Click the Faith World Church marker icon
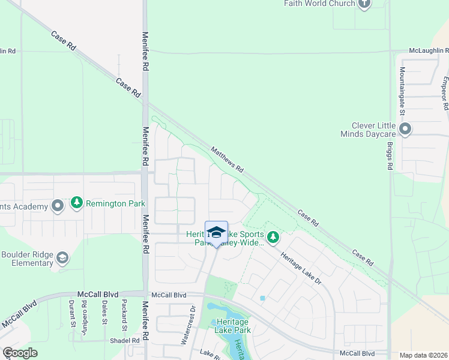[x=364, y=4]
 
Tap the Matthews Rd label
[x=227, y=160]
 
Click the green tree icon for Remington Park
[x=76, y=203]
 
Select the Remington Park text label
[x=115, y=204]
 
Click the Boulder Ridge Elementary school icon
[x=62, y=259]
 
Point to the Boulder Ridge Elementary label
[x=27, y=259]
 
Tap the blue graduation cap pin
[x=216, y=233]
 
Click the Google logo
[x=20, y=353]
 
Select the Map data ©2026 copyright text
[x=424, y=355]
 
